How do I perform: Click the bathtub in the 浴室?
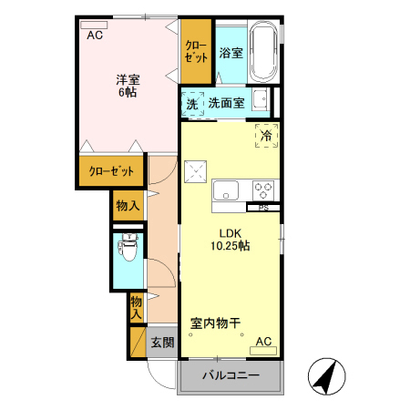[x=263, y=53]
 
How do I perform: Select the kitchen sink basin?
[x=226, y=190]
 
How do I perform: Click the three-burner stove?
[x=263, y=190]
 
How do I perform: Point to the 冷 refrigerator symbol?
[x=266, y=135]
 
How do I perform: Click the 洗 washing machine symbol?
[x=191, y=104]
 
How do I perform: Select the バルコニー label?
[x=231, y=375]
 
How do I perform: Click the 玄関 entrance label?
[x=162, y=343]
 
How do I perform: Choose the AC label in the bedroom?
[x=95, y=36]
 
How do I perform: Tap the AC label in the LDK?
[x=263, y=342]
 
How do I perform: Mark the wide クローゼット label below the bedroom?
[x=111, y=171]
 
